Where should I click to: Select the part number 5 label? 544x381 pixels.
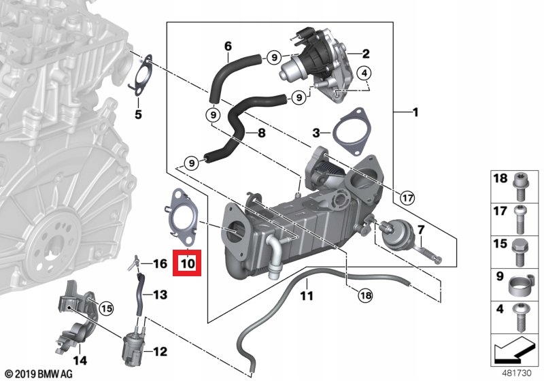pos(138,114)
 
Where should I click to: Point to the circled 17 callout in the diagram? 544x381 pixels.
pos(407,199)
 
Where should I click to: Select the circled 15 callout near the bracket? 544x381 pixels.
pos(105,308)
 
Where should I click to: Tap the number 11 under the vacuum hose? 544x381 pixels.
pos(307,296)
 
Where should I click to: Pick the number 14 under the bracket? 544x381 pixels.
pos(80,361)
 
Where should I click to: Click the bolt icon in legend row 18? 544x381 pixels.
pos(520,185)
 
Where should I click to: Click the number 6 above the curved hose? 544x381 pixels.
pos(228,46)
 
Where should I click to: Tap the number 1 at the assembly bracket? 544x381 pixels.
pos(414,112)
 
